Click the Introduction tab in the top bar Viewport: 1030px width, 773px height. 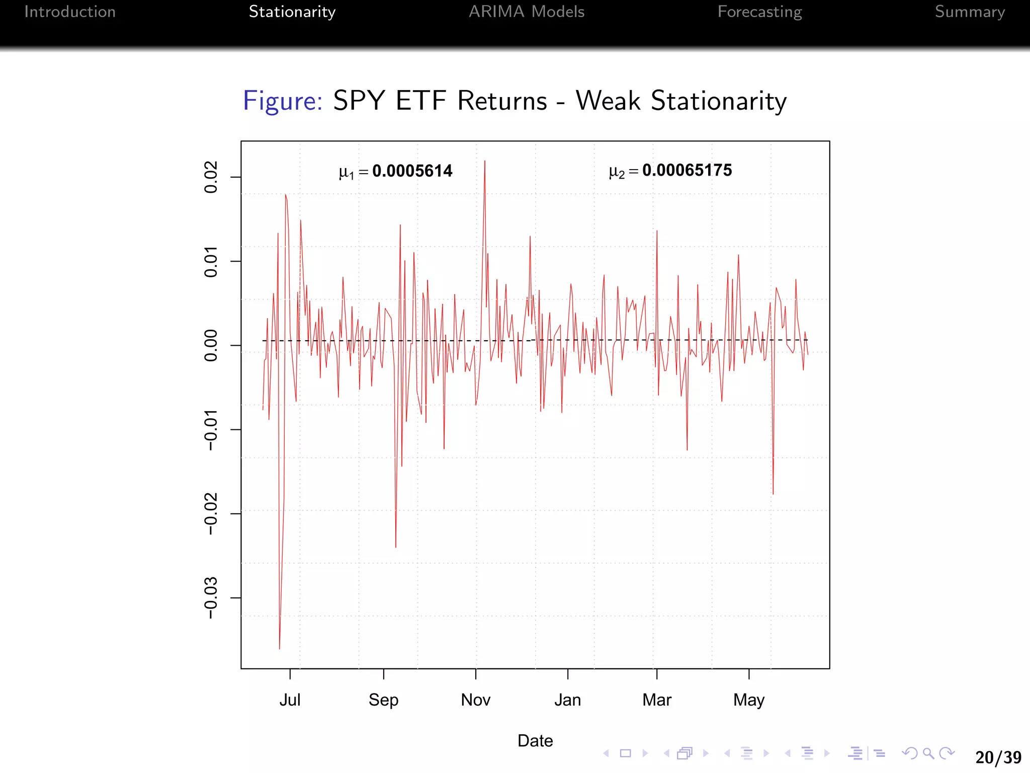pos(70,12)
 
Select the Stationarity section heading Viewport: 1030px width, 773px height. pos(292,12)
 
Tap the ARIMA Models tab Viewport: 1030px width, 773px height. pos(527,12)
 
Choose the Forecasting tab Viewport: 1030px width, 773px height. pos(759,12)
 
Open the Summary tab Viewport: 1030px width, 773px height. pos(970,12)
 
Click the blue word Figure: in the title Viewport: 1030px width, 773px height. pos(283,101)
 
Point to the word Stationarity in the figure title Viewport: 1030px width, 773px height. pos(719,101)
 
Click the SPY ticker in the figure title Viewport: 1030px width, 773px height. pos(359,101)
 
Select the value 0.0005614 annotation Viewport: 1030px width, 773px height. pos(412,171)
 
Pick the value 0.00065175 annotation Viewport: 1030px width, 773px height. pos(687,170)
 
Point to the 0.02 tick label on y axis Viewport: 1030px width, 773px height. pos(211,177)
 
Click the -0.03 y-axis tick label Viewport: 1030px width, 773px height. pos(211,598)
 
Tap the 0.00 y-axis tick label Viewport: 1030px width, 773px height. pos(211,345)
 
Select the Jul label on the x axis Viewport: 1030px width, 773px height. pos(290,700)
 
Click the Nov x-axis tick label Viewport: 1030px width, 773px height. pos(475,700)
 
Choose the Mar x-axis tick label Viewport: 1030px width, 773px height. pos(657,700)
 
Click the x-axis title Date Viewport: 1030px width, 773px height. pos(535,741)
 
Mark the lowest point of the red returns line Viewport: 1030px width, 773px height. pos(280,649)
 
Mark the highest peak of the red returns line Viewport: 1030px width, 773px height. pos(485,161)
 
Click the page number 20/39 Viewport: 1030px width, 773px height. pos(998,757)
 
